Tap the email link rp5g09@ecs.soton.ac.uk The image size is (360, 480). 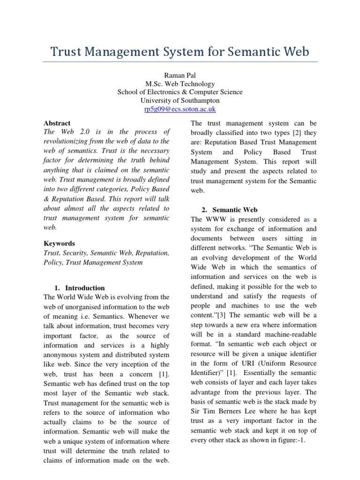point(180,109)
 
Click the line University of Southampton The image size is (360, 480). point(180,100)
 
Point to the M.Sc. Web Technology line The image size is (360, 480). point(180,83)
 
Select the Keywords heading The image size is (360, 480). point(59,244)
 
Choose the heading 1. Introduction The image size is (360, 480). point(80,288)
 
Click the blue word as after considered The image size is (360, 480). point(307,219)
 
